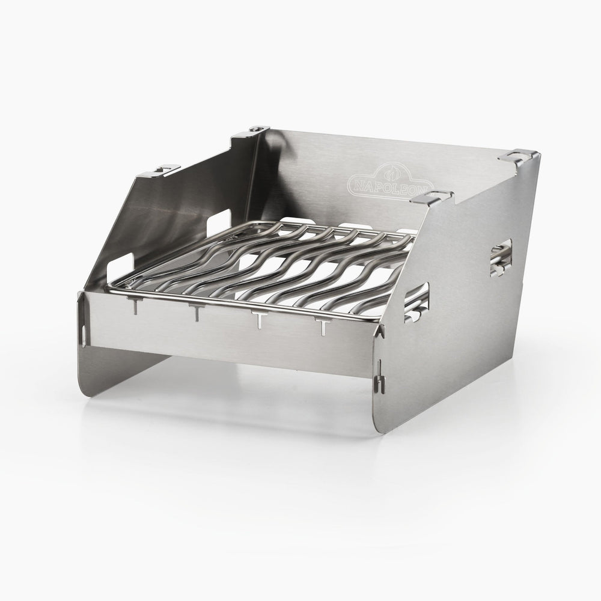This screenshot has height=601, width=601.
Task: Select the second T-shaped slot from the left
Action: tap(195, 311)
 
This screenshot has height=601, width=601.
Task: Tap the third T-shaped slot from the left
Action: tap(258, 319)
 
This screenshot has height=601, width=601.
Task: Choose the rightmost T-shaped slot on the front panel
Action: tap(323, 327)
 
